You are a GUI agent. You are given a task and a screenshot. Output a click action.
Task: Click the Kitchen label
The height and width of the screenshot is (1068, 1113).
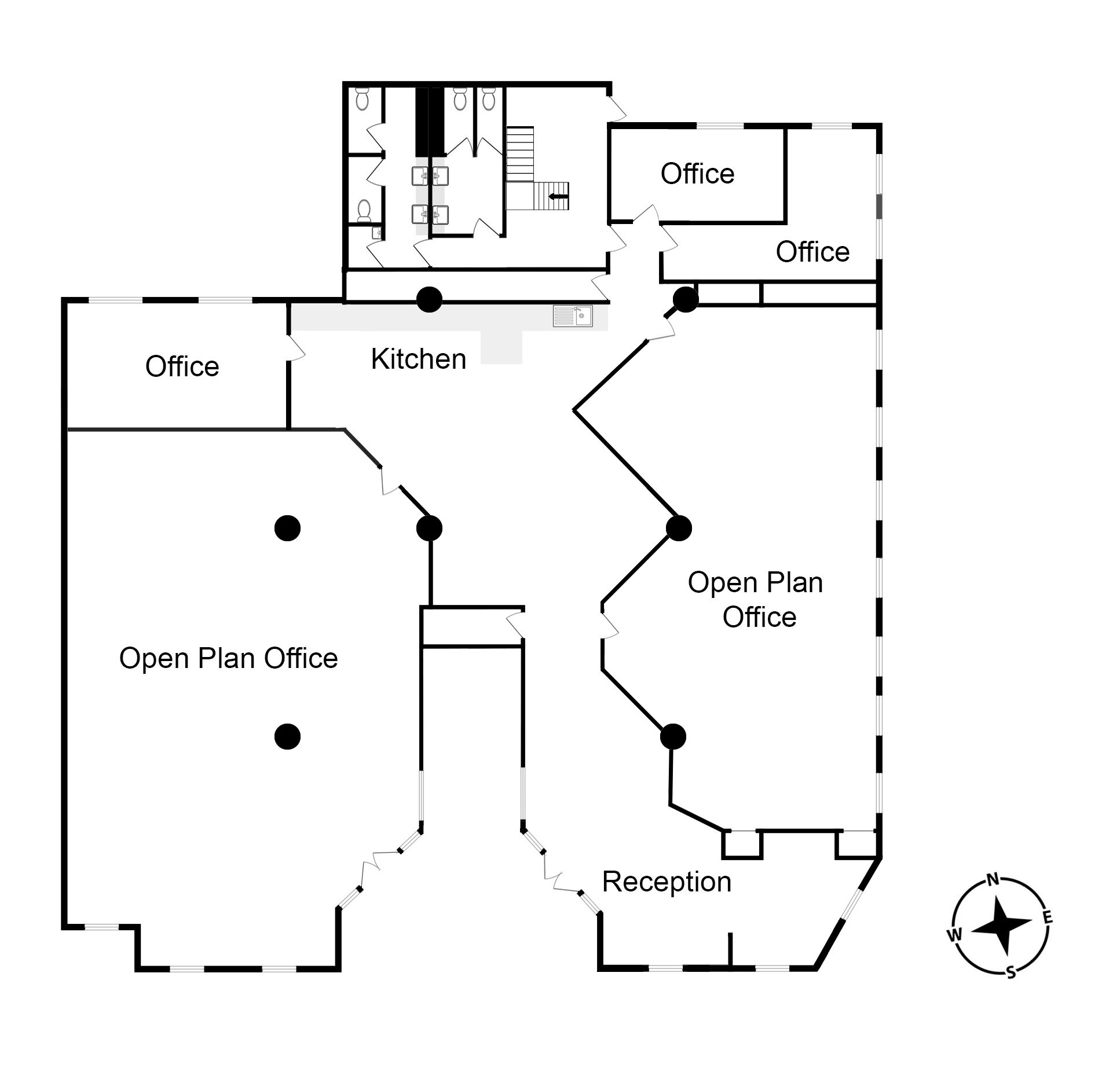[418, 359]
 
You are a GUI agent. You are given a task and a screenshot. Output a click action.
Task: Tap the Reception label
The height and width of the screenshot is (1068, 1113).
[667, 882]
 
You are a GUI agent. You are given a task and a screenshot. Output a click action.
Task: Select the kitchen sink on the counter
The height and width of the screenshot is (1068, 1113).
[572, 316]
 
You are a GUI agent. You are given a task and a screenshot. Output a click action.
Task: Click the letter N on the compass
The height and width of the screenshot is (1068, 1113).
[993, 880]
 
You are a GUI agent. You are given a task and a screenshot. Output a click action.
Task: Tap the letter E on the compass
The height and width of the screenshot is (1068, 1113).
[1048, 917]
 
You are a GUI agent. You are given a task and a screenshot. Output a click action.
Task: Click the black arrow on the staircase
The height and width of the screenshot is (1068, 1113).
[559, 197]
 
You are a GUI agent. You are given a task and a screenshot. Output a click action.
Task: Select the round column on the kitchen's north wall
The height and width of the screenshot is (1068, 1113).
[429, 299]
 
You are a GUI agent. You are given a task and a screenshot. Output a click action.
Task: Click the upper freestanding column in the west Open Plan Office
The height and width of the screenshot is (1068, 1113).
[287, 528]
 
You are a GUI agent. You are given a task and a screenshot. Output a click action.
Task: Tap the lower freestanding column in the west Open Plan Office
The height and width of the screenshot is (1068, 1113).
[287, 736]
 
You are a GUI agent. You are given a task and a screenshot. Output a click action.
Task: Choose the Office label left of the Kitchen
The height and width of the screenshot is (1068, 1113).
[182, 366]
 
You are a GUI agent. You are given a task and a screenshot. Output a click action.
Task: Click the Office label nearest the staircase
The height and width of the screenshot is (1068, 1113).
[697, 174]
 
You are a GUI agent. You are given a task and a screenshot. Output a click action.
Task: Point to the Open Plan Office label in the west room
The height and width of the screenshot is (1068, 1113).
[228, 658]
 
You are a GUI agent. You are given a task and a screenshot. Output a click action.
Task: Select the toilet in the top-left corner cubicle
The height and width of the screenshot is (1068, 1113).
[363, 99]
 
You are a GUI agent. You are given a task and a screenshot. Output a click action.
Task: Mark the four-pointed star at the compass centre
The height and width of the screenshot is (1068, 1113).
[1001, 927]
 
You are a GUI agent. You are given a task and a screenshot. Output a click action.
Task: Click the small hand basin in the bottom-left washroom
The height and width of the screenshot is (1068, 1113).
[376, 233]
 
